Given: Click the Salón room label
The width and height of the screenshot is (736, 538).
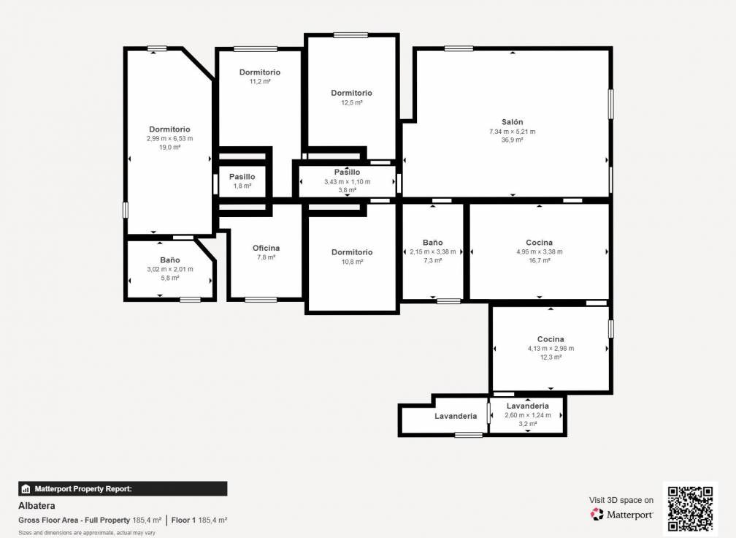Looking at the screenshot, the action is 512,122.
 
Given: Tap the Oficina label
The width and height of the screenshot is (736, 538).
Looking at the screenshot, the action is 266,248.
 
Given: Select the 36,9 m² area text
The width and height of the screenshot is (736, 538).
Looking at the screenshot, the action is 512,140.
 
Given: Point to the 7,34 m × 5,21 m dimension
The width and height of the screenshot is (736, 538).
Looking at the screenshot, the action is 512,132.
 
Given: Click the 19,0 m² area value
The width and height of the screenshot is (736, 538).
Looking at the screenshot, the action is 170,147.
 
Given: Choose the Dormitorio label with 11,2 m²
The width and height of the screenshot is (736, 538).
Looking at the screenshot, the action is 260,72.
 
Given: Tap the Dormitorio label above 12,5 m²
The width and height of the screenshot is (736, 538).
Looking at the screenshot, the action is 352,93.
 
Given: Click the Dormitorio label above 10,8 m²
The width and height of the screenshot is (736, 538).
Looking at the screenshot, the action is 352,252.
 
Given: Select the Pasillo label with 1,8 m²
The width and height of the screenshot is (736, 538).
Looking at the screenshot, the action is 242,177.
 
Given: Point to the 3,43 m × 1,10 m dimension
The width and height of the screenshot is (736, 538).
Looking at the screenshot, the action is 348,182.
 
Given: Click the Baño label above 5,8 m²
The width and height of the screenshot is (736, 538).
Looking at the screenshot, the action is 170,259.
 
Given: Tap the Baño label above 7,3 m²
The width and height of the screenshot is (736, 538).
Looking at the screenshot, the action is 433,243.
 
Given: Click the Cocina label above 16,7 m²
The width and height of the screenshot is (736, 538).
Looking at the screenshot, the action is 540,243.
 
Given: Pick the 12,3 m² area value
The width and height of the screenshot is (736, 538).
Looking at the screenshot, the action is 551,357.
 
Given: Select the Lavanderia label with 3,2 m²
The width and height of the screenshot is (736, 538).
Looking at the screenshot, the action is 528,406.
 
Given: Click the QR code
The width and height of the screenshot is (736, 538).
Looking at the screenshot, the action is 690,509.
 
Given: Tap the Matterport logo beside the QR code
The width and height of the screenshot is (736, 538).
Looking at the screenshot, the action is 621,515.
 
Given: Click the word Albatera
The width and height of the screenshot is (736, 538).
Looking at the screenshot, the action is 37,506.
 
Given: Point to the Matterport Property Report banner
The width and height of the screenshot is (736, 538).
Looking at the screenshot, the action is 123,489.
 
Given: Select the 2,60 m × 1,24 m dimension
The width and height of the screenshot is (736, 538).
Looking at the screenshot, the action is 528,415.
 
